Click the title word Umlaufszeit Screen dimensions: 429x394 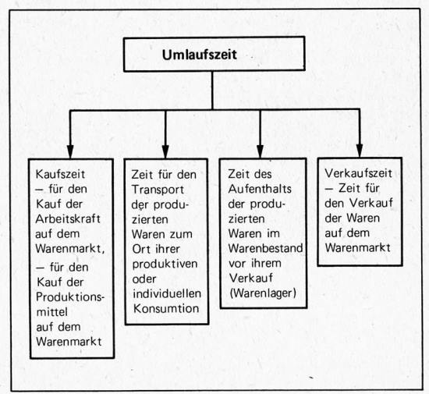(x=200, y=55)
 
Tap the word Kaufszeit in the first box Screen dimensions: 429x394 (x=60, y=174)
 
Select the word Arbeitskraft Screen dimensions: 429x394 (x=68, y=219)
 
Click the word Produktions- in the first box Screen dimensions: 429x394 (x=70, y=297)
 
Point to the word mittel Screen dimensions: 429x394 (x=52, y=312)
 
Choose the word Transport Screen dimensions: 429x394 (x=158, y=190)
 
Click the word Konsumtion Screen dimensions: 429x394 (x=166, y=309)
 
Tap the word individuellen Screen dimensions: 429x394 (x=167, y=293)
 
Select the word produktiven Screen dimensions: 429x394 (x=165, y=264)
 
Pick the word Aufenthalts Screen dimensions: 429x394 (x=260, y=189)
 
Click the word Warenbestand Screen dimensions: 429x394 (x=266, y=248)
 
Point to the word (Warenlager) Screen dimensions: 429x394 (x=263, y=293)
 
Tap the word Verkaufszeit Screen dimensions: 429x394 (x=359, y=173)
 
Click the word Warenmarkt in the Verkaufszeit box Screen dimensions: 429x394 (x=357, y=248)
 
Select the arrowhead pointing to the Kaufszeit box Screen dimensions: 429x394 (x=70, y=151)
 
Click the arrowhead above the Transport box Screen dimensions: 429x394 (x=165, y=151)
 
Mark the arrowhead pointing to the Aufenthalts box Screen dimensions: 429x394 (x=260, y=151)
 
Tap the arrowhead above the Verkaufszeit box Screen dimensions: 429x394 (x=360, y=151)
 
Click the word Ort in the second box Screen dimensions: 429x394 (x=140, y=249)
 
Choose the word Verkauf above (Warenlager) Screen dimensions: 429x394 (x=251, y=278)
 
